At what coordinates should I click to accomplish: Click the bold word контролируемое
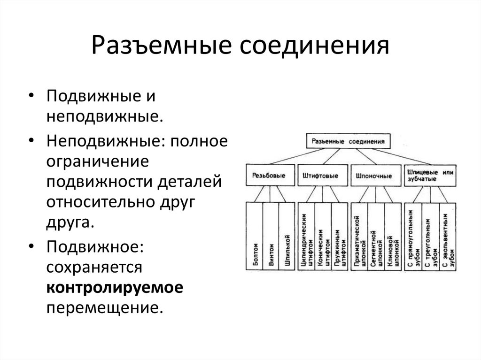[114, 287]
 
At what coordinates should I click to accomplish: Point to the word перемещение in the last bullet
[104, 307]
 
